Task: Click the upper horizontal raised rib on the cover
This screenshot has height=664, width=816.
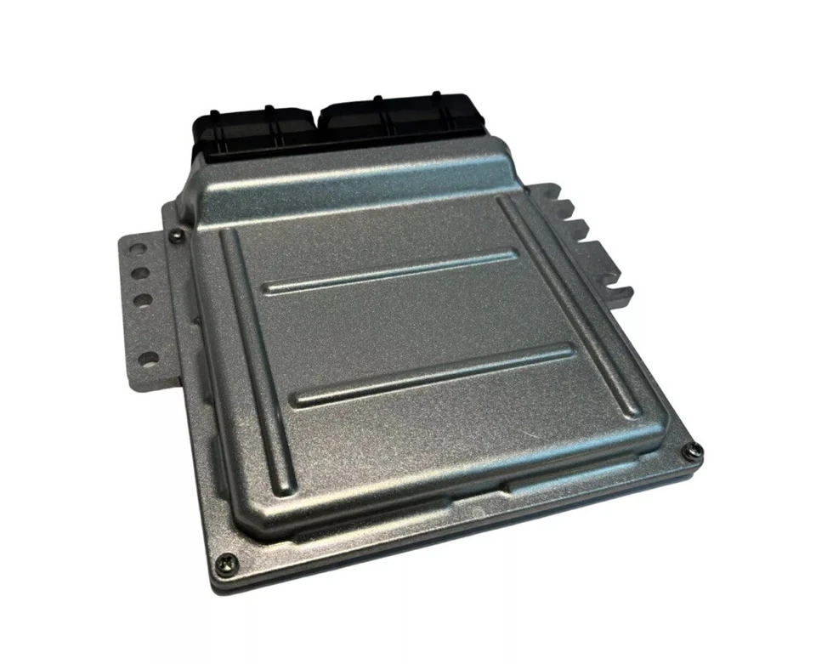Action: tap(391, 270)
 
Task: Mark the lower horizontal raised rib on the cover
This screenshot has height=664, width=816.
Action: tap(433, 374)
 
